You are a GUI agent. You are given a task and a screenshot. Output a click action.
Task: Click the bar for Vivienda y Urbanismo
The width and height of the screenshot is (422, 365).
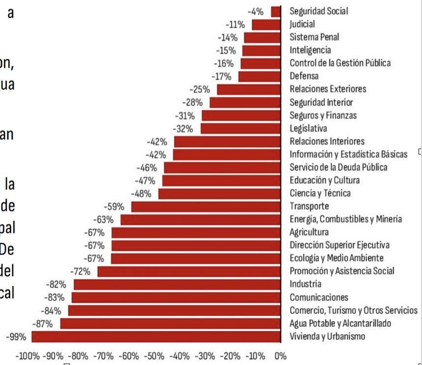tap(156, 337)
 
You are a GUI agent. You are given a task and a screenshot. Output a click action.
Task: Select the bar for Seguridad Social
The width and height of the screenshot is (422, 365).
tap(276, 11)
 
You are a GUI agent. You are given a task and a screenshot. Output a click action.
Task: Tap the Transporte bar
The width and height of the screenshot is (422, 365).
tap(206, 207)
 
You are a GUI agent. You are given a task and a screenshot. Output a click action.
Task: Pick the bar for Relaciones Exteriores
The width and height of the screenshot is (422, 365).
tap(249, 89)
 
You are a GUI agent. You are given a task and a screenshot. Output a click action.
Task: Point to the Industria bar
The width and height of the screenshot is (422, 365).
tap(177, 284)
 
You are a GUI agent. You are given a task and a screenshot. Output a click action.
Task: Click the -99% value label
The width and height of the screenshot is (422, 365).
tap(16, 337)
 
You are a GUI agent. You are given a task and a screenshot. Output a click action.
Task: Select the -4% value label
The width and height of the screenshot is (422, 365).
tap(256, 11)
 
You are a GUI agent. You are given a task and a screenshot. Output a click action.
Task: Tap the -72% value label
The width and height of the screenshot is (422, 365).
tap(80, 271)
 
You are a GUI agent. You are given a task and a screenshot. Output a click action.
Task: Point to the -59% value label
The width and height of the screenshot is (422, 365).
tap(114, 207)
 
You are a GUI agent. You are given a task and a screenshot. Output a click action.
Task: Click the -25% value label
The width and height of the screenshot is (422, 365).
tap(200, 89)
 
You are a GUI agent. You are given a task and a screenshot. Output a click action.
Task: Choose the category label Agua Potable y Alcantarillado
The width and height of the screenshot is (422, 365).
tap(340, 323)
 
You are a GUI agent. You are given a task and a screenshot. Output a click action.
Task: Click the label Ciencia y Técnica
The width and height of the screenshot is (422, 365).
tap(320, 193)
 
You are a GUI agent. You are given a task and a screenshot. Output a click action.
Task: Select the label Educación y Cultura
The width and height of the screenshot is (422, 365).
tap(324, 180)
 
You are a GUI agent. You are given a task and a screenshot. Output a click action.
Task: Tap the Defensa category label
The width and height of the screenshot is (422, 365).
tap(304, 76)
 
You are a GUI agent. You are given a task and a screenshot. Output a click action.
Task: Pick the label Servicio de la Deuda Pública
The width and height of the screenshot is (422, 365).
tap(338, 167)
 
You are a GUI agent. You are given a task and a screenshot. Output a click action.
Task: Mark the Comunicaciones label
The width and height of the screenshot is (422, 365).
tap(319, 297)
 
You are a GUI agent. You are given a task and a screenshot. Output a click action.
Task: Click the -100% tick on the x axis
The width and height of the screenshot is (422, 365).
tap(27, 356)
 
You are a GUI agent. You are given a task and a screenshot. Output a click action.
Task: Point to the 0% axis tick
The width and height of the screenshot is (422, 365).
tap(281, 356)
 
